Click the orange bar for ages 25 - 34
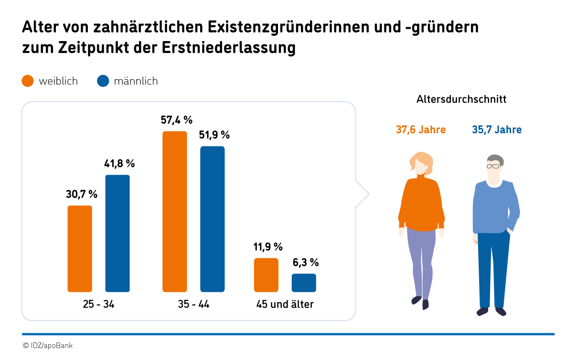click(80, 248)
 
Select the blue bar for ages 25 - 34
click(118, 233)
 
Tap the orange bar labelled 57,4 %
click(175, 211)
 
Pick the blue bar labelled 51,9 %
click(213, 219)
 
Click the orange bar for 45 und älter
click(266, 275)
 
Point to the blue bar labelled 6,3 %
click(304, 283)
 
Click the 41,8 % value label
click(119, 164)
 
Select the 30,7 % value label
click(82, 194)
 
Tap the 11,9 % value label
click(268, 247)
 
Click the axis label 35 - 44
click(193, 304)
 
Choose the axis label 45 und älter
click(285, 304)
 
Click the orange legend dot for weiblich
click(28, 81)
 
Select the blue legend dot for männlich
click(103, 81)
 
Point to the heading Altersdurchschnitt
click(461, 100)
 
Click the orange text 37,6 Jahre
click(421, 129)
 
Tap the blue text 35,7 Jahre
click(497, 129)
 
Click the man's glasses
click(493, 166)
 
